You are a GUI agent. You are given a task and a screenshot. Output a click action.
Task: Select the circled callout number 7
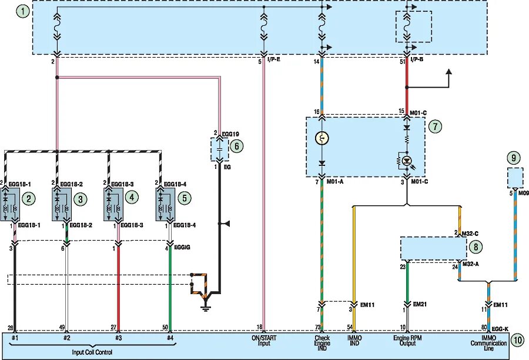click(434, 126)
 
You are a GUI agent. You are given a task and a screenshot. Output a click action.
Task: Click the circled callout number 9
click(513, 158)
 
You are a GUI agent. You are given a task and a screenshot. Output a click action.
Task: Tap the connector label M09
click(522, 192)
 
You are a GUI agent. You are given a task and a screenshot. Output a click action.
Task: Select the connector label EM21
click(419, 304)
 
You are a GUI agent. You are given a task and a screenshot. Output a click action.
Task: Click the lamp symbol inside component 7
click(322, 139)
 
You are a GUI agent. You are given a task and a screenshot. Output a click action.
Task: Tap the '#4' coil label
click(170, 338)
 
